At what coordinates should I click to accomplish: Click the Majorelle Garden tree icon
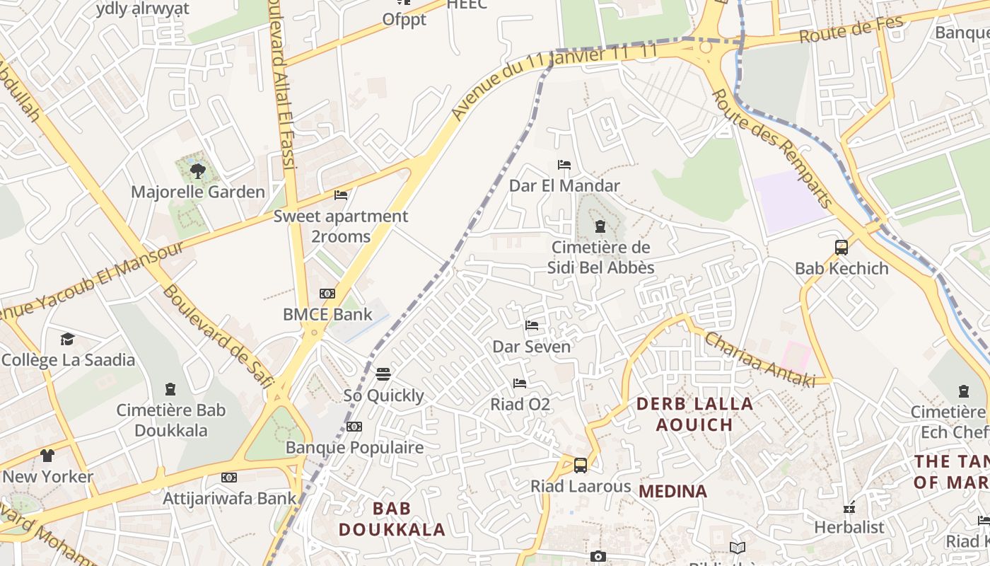(x=198, y=171)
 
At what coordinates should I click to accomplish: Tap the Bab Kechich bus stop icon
(x=841, y=248)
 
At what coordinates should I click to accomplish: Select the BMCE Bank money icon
(x=327, y=294)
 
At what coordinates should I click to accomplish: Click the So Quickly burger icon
(x=383, y=374)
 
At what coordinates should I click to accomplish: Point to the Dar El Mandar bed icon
(x=564, y=165)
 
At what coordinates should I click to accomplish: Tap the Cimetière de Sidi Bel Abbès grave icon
(x=600, y=226)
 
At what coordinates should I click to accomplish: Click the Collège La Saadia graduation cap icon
(x=67, y=339)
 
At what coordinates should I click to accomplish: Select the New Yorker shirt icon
(x=47, y=455)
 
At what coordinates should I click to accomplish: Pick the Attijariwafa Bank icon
(x=229, y=478)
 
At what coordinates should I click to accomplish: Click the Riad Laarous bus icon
(x=580, y=466)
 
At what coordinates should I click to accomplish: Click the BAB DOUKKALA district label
(x=392, y=519)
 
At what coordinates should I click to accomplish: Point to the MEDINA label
(x=672, y=491)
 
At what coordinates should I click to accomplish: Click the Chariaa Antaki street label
(x=759, y=359)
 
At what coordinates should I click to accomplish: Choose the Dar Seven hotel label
(x=531, y=347)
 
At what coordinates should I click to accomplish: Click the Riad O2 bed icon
(x=520, y=383)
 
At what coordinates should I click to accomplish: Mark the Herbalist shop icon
(x=849, y=507)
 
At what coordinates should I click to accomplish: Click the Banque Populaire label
(x=354, y=447)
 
